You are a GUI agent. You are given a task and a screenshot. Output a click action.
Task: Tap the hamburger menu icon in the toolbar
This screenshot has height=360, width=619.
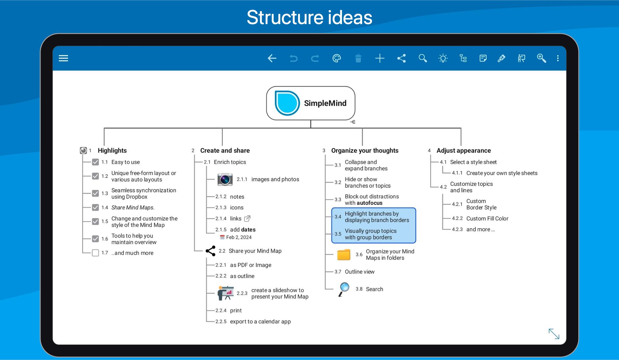coord(63,58)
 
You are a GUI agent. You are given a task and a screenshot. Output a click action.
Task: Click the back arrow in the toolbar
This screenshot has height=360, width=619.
coord(272,58)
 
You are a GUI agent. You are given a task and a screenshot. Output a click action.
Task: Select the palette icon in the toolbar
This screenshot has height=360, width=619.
coord(337,58)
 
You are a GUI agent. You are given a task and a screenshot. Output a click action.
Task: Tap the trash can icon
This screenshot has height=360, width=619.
coord(358,58)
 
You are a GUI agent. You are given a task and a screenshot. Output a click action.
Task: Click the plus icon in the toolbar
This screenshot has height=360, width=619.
coord(380,58)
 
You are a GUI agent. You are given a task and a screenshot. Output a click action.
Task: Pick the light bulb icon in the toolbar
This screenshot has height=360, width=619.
coord(443,58)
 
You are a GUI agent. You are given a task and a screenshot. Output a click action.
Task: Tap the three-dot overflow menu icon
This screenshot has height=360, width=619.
coord(558,58)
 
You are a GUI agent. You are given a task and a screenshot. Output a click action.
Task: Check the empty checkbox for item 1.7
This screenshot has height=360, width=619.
coord(95,253)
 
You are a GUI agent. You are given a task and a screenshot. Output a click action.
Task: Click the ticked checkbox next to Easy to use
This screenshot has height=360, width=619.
coord(95,162)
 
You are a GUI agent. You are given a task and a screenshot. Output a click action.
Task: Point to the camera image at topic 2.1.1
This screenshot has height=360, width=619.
coord(225,179)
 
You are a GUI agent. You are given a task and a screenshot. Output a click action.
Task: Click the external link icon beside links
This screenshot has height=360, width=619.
coord(247,219)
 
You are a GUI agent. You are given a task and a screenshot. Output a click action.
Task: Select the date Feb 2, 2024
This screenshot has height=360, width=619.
coord(239,237)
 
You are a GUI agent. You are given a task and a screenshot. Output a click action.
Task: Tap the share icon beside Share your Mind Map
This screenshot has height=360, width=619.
coord(210,251)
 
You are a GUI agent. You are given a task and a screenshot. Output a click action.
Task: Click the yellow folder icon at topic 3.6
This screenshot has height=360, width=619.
coord(344,255)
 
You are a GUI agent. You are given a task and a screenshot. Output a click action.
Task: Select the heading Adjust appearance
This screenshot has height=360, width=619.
coord(464,151)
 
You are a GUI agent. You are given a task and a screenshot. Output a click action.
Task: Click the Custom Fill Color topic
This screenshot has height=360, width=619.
coord(487,219)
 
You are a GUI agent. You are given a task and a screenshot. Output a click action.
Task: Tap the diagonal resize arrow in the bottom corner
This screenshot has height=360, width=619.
coord(554,334)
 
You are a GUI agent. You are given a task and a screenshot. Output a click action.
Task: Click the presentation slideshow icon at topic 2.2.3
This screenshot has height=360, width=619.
coord(226,293)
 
